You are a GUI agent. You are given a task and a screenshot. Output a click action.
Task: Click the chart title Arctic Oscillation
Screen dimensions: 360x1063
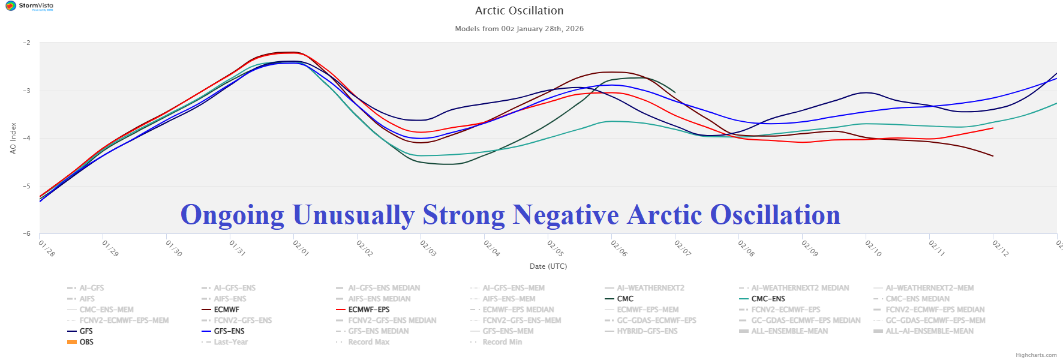point(519,11)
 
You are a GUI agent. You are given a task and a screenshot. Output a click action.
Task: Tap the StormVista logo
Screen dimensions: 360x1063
point(29,7)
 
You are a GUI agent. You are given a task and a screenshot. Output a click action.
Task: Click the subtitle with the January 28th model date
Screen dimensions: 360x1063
point(519,29)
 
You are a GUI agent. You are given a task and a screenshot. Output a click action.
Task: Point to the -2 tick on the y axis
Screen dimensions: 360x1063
point(26,43)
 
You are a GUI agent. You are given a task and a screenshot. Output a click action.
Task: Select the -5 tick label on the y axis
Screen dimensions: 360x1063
point(26,186)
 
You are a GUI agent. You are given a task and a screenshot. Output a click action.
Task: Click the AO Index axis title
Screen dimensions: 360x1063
point(13,138)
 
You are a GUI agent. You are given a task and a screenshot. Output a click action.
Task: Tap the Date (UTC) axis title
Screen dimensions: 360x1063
point(548,266)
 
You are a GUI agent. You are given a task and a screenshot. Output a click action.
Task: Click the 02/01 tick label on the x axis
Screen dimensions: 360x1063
point(300,248)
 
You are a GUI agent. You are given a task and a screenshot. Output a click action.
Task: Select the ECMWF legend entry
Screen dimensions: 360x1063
point(226,310)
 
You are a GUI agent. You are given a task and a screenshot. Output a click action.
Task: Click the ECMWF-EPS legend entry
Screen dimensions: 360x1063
point(368,310)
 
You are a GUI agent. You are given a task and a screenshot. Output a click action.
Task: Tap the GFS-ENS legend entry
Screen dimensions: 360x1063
point(229,331)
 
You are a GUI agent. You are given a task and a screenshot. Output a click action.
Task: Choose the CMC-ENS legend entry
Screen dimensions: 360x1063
point(768,299)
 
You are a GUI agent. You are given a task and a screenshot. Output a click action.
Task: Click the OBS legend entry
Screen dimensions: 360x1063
point(86,342)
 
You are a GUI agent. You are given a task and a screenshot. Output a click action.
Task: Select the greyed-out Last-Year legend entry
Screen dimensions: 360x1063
point(230,342)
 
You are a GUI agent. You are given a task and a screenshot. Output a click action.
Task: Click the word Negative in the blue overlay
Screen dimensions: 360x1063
point(565,215)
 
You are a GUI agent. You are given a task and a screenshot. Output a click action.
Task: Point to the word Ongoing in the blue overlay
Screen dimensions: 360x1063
point(232,215)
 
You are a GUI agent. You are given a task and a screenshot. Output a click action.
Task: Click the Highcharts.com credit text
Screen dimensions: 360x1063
point(1036,355)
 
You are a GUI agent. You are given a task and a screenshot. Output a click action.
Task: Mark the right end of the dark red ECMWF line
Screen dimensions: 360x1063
point(993,156)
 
